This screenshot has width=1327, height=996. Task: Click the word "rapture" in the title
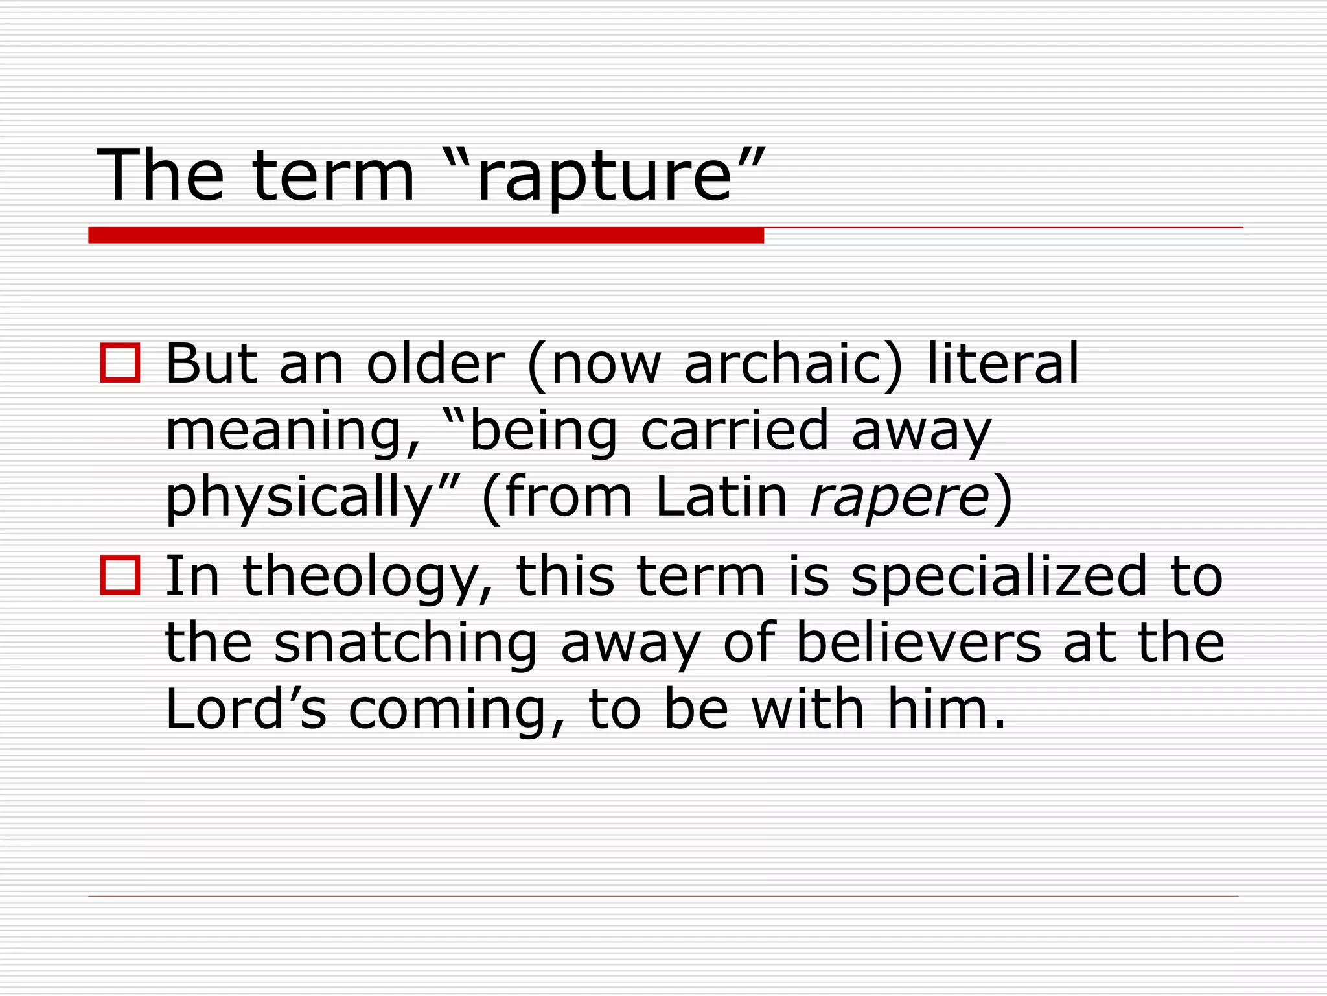604,176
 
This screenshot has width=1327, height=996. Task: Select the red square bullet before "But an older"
121,362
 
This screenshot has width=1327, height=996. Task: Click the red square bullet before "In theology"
121,575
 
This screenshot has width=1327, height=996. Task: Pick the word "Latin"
721,497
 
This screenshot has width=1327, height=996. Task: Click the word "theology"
367,577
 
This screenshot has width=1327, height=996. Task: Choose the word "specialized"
999,577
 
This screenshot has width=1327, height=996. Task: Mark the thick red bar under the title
426,235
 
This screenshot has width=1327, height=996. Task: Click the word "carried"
735,429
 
